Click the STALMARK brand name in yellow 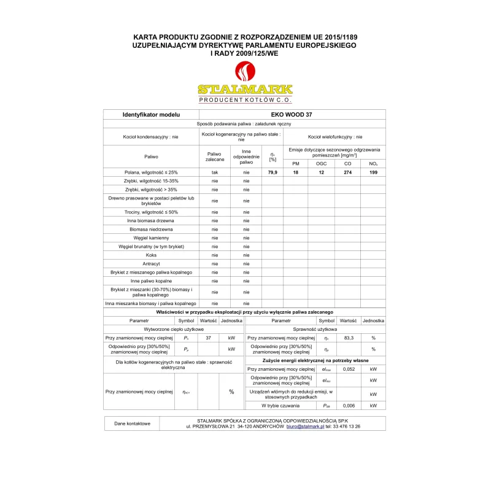click(x=245, y=89)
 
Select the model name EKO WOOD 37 click(x=292, y=114)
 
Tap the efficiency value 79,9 click(x=273, y=172)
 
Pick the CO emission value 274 click(x=347, y=172)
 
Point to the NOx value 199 click(x=373, y=172)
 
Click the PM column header click(x=296, y=164)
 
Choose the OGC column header click(x=322, y=164)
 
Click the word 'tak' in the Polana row click(x=215, y=172)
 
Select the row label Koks click(x=151, y=255)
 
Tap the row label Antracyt click(x=151, y=263)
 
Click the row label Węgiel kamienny click(x=151, y=238)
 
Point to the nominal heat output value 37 click(x=209, y=338)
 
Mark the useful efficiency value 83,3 click(x=349, y=338)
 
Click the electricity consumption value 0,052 click(x=349, y=369)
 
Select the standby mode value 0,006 click(x=349, y=405)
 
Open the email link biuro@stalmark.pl click(x=305, y=426)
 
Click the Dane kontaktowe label click(x=131, y=423)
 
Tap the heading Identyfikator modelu click(x=151, y=114)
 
